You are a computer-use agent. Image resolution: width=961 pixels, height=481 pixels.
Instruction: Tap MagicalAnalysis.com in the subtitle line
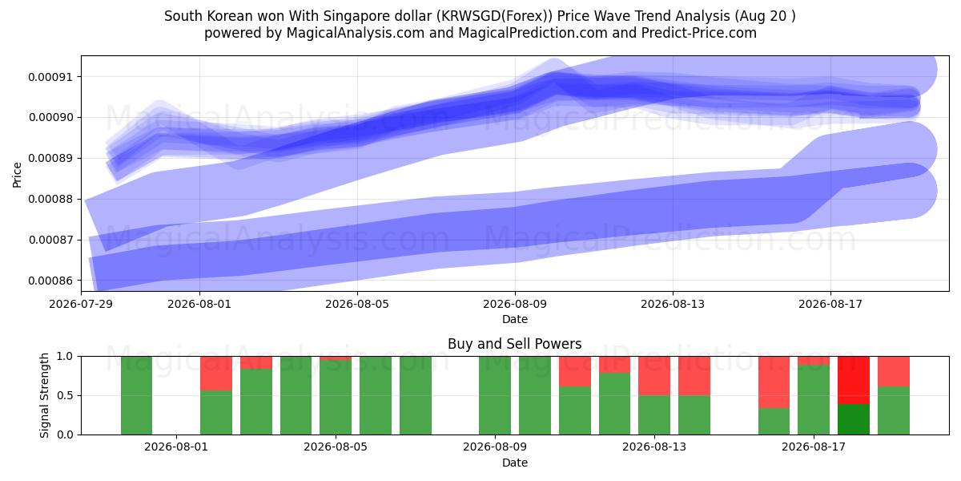pyautogui.click(x=356, y=33)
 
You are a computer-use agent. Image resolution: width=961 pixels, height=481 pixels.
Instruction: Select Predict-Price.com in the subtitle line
pyautogui.click(x=699, y=33)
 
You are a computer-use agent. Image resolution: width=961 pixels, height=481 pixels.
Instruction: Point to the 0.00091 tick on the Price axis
pyautogui.click(x=50, y=77)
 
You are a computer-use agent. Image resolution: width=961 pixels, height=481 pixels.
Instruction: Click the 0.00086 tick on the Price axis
pyautogui.click(x=50, y=281)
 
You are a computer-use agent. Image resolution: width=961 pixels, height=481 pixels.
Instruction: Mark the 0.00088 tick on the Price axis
pyautogui.click(x=50, y=200)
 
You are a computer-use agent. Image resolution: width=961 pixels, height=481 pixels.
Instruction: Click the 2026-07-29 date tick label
pyautogui.click(x=81, y=304)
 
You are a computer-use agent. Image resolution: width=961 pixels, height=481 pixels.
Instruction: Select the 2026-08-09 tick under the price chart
pyautogui.click(x=515, y=304)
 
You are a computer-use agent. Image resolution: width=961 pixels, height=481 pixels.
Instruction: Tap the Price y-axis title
pyautogui.click(x=17, y=176)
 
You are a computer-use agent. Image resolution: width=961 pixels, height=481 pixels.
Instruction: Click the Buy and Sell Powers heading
pyautogui.click(x=515, y=344)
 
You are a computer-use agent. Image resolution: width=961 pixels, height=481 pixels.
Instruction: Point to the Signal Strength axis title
pyautogui.click(x=44, y=395)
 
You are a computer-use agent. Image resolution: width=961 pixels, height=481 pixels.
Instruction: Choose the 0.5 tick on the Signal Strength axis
pyautogui.click(x=65, y=395)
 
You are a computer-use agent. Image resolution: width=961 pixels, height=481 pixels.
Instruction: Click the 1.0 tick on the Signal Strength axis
pyautogui.click(x=65, y=357)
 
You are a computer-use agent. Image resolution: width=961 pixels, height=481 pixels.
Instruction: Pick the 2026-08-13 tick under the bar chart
pyautogui.click(x=654, y=447)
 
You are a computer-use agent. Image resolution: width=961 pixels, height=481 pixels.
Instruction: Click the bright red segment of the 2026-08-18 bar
pyautogui.click(x=854, y=380)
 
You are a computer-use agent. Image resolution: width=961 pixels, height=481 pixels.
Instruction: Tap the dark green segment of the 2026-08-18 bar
pyautogui.click(x=854, y=419)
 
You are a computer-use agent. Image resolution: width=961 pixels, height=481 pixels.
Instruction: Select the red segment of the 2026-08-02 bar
pyautogui.click(x=216, y=374)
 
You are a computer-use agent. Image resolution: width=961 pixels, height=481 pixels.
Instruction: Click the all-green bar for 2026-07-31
pyautogui.click(x=136, y=395)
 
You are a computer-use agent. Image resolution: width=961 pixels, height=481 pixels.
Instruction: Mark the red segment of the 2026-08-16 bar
pyautogui.click(x=774, y=382)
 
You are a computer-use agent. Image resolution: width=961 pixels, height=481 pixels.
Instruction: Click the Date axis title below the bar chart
pyautogui.click(x=515, y=463)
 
